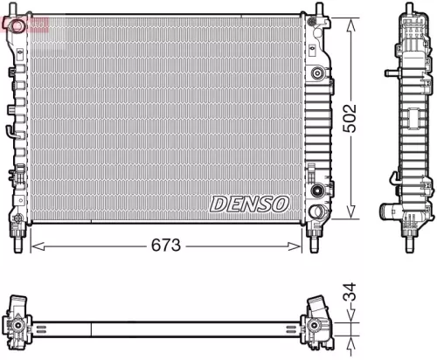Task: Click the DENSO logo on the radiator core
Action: tap(250, 204)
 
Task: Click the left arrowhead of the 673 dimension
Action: tap(34, 246)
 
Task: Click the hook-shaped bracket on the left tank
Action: tap(10, 131)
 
